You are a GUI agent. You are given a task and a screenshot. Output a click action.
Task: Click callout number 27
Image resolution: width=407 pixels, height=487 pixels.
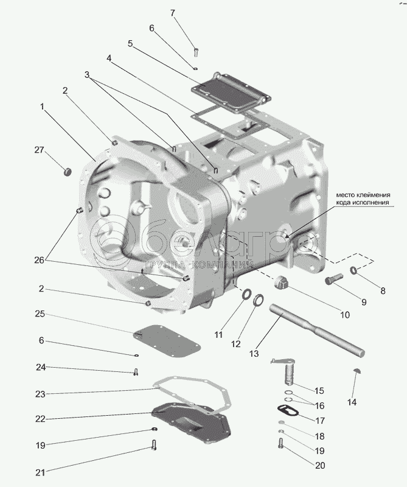point(39,150)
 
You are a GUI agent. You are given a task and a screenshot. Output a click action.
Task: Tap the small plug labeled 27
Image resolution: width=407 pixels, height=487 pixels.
point(68,171)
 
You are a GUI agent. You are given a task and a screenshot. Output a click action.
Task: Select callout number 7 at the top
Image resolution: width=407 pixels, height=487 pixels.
point(173,13)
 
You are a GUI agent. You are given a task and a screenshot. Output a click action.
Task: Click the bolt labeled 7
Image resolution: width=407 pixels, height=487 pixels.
point(196,52)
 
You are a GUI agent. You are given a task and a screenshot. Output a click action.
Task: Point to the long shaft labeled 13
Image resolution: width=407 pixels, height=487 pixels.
point(317,330)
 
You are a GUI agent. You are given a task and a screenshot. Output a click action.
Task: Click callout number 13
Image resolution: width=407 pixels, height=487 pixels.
point(254,354)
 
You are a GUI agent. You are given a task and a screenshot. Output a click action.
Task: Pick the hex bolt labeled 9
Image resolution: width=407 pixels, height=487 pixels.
point(334,278)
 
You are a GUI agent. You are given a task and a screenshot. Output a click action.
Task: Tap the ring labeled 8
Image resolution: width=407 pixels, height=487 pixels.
point(353,270)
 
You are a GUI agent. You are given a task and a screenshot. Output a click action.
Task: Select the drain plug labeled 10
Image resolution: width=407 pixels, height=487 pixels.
point(280,282)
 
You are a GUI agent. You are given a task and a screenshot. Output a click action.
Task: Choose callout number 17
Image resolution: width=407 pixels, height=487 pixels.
point(320,421)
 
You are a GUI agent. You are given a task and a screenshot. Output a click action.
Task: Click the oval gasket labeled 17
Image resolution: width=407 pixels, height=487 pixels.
point(288,412)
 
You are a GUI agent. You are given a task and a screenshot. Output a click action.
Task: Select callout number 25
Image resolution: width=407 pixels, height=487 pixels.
point(40,314)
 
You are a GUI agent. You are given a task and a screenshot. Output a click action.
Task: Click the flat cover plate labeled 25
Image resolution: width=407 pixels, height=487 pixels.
point(167,342)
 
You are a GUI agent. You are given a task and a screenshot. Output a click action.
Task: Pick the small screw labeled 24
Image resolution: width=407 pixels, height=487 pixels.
point(136,372)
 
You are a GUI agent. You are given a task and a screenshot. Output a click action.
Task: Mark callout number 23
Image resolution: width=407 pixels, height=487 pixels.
point(40,394)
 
